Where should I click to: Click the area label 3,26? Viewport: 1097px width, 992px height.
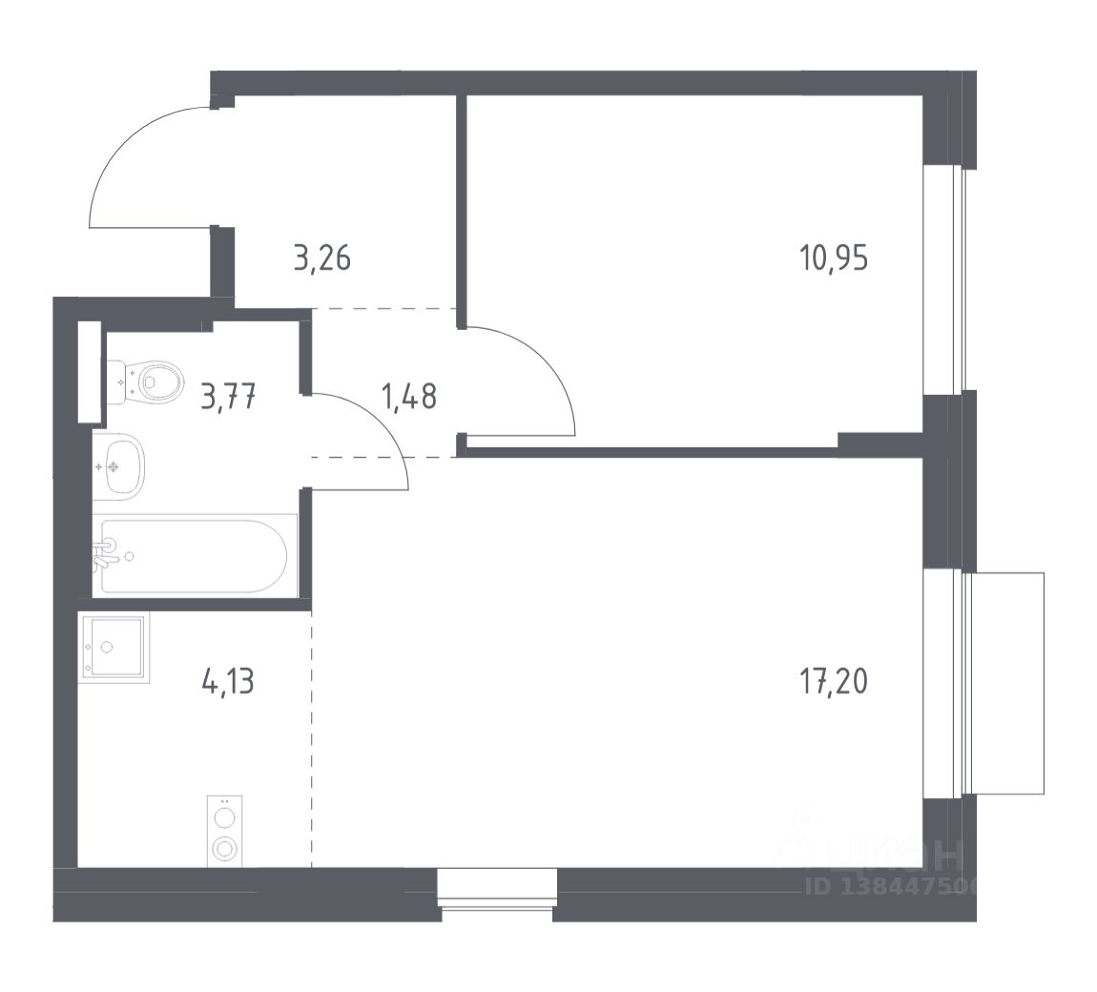pyautogui.click(x=322, y=258)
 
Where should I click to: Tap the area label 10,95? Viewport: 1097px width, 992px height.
pyautogui.click(x=834, y=258)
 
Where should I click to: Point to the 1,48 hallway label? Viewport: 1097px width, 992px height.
pyautogui.click(x=409, y=396)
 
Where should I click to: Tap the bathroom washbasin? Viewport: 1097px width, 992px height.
pyautogui.click(x=123, y=465)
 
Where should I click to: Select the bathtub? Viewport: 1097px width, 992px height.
pyautogui.click(x=196, y=557)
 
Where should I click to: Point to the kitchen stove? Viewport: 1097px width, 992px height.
pyautogui.click(x=225, y=831)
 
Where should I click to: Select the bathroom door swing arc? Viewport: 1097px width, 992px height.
pyautogui.click(x=377, y=429)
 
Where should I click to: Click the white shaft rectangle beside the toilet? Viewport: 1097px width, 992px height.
pyautogui.click(x=89, y=371)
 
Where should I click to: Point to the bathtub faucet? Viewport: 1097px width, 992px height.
pyautogui.click(x=107, y=552)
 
